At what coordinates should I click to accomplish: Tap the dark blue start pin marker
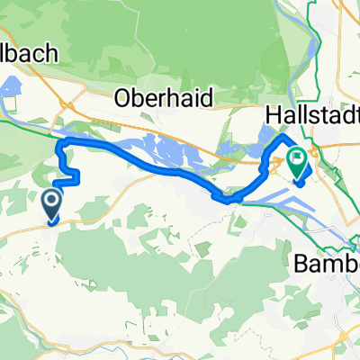52,203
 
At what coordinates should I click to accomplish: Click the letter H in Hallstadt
274,114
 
